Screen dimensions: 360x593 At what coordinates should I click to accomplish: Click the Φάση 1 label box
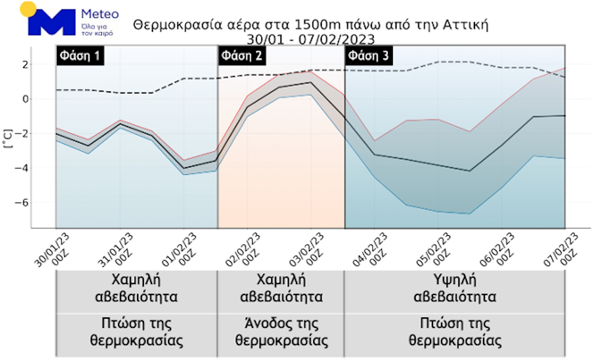pos(80,56)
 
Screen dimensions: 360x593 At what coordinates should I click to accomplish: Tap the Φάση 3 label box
pos(369,56)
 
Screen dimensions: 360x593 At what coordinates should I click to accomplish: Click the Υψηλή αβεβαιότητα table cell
pos(454,288)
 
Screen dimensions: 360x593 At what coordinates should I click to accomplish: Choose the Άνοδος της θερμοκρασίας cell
pos(280,332)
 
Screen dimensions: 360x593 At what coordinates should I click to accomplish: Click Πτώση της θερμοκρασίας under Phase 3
pos(454,332)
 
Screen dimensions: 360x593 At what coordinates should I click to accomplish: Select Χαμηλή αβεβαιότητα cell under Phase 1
pos(137,288)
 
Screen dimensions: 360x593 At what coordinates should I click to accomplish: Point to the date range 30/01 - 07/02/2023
pos(311,39)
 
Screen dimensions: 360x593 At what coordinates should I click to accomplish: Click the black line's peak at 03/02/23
pos(311,82)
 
